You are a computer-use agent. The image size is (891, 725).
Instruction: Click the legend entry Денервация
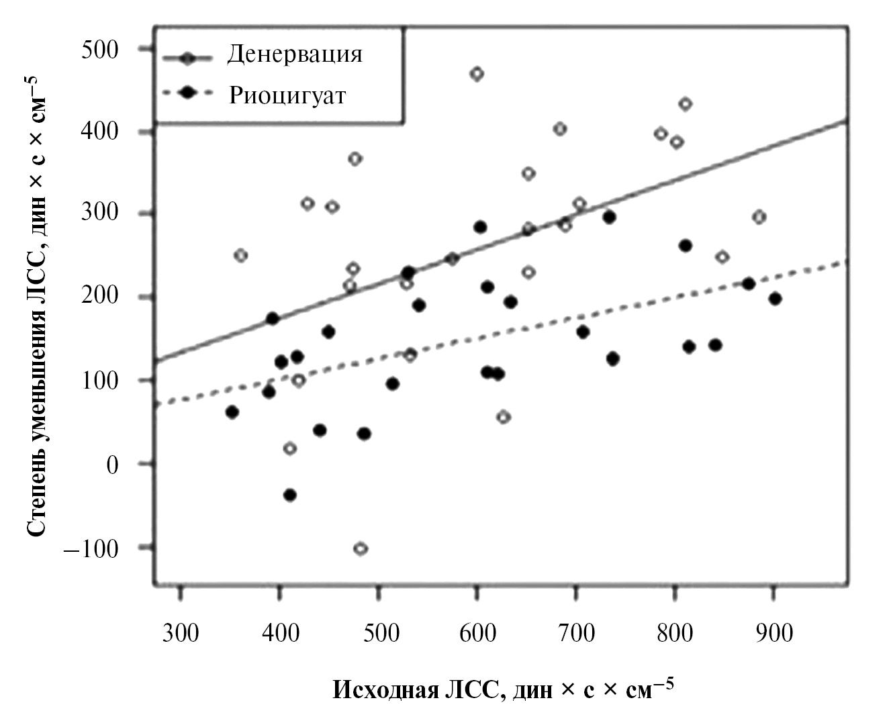click(294, 54)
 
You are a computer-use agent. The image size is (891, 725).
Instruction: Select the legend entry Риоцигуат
click(287, 95)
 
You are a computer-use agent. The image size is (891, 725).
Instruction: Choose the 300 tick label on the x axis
click(181, 633)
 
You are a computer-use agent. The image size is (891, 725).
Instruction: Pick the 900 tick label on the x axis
click(774, 633)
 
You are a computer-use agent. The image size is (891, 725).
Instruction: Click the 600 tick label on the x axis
click(477, 633)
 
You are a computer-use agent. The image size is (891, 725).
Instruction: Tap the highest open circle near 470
click(477, 74)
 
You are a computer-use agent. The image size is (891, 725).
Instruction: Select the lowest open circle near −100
click(361, 548)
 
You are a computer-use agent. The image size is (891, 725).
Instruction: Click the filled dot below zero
click(290, 495)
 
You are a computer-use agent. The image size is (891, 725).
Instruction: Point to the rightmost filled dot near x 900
click(775, 299)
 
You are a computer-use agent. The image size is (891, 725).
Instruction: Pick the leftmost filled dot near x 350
click(232, 412)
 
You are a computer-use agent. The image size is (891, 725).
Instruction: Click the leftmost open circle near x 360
click(241, 255)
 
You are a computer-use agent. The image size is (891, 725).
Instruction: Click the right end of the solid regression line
click(848, 121)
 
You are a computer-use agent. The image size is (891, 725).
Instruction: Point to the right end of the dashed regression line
click(848, 260)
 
